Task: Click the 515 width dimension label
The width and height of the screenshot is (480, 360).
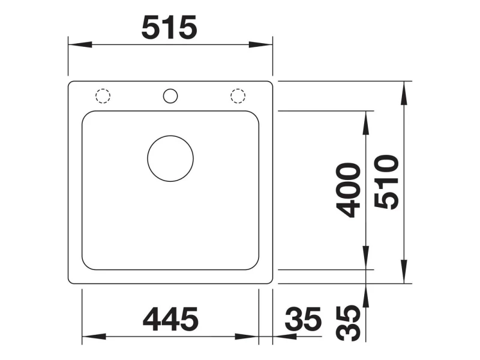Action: [169, 28]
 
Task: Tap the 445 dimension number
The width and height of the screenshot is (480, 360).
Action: [170, 319]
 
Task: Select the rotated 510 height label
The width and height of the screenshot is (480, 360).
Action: [387, 182]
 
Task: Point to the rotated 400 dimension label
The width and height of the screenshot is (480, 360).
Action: [349, 190]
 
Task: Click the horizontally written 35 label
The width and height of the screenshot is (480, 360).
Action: [303, 319]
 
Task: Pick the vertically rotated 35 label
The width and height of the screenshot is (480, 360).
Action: [349, 323]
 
